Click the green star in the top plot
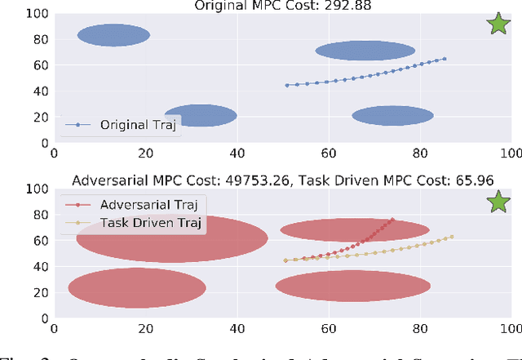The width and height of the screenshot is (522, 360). (x=498, y=24)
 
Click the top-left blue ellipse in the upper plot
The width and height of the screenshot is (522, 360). (x=113, y=35)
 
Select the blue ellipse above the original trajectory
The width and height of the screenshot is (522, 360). (x=365, y=51)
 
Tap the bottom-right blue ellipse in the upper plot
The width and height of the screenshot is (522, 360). (x=392, y=116)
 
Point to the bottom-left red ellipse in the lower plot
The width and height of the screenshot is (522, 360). (x=137, y=287)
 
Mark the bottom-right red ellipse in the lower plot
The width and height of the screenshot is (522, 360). (x=353, y=286)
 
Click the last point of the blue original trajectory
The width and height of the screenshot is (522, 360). (x=445, y=59)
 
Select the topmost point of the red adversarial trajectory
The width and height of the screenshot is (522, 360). (x=392, y=220)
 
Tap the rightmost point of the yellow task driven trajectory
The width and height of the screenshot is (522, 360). (x=452, y=237)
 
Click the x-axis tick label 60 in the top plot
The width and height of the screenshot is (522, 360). (x=329, y=152)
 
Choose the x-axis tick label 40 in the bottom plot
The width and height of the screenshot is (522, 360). (x=237, y=330)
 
